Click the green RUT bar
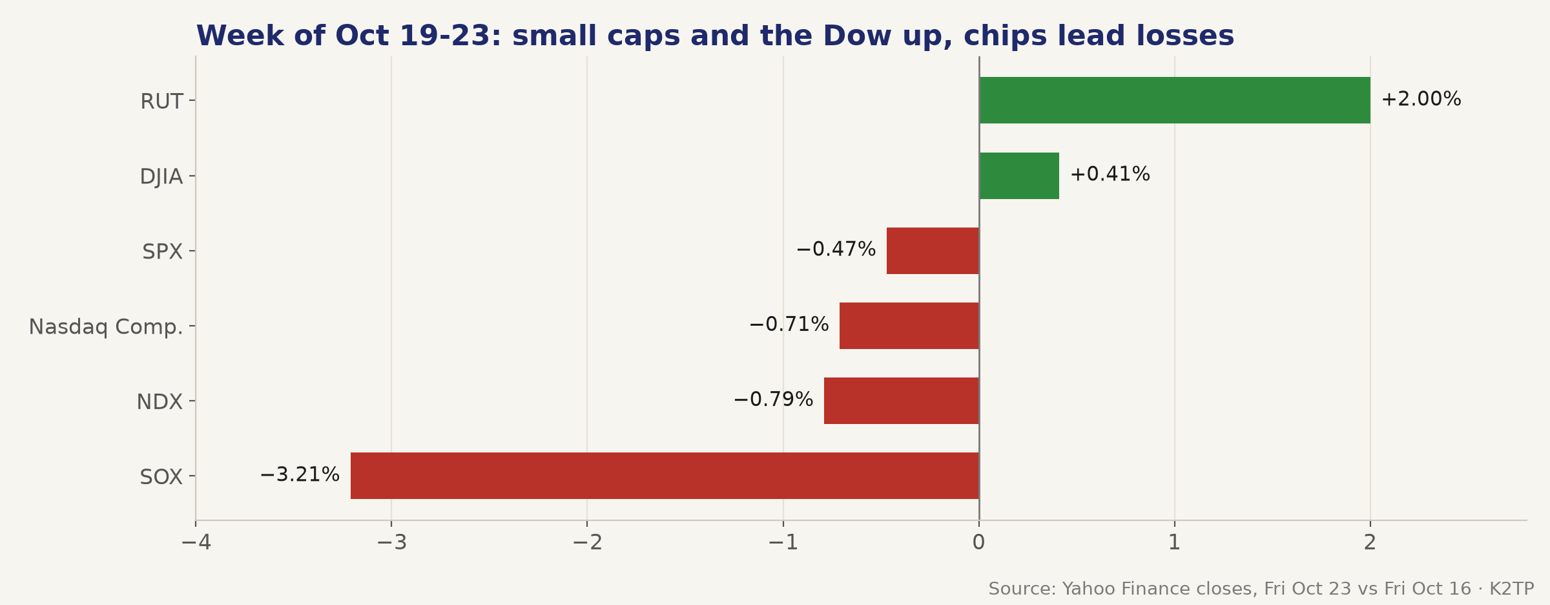1175,100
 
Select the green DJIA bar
1019,176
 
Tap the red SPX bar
933,251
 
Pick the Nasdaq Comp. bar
909,326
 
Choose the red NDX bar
902,401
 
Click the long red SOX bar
665,476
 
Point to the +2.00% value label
1421,100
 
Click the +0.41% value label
1110,175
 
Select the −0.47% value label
836,249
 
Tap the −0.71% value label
789,324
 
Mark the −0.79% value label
773,399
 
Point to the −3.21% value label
300,475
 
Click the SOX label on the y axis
161,477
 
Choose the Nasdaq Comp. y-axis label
106,327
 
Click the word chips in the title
1004,37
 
